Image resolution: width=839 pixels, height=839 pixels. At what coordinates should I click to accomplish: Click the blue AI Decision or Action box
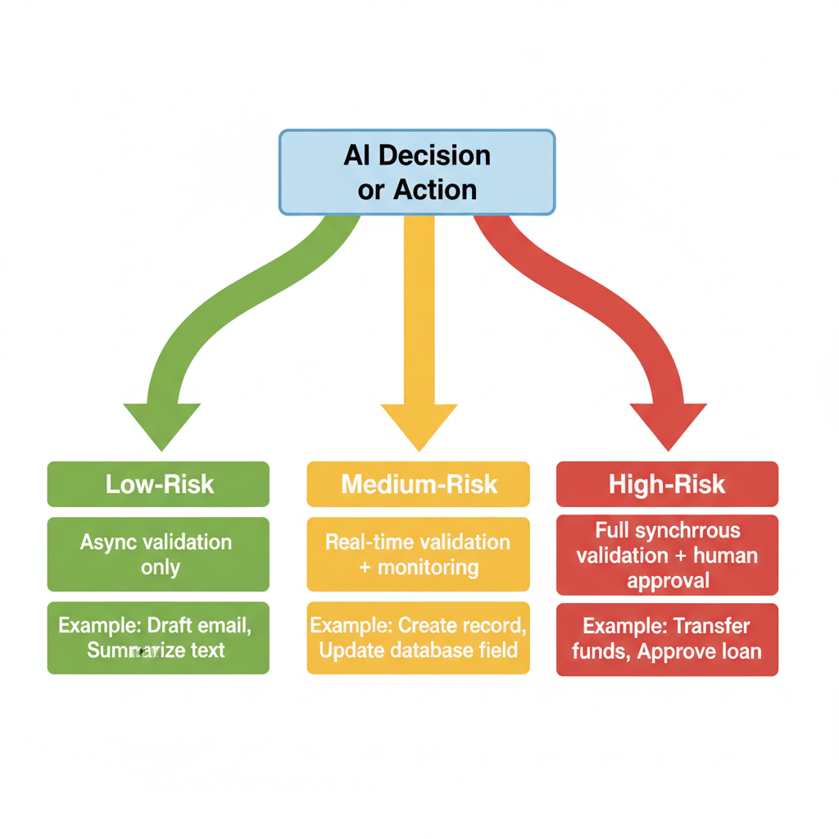tap(417, 172)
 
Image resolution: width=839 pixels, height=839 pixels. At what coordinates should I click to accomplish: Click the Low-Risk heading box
tap(158, 484)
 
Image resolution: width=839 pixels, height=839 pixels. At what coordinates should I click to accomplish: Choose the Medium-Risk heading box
tap(419, 484)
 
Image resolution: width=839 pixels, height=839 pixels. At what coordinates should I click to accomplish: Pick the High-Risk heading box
tap(667, 484)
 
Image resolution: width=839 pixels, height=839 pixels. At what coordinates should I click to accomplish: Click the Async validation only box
tap(158, 554)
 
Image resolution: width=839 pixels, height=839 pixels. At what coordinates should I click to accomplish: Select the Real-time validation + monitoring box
tap(419, 554)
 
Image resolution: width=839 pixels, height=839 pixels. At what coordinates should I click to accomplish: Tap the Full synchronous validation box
tap(667, 555)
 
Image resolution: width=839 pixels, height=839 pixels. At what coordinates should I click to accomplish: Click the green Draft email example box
tap(158, 638)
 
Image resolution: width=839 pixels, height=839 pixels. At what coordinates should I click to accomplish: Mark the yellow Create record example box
tap(419, 638)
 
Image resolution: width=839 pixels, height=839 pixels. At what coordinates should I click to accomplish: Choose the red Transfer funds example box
tap(667, 639)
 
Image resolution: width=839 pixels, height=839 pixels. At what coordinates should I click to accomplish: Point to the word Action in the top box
tap(435, 189)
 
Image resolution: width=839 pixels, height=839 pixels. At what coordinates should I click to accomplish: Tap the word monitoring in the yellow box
tap(428, 566)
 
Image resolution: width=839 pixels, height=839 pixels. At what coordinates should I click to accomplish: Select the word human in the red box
tap(725, 556)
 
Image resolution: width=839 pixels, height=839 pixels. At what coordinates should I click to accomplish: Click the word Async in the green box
tap(107, 542)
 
